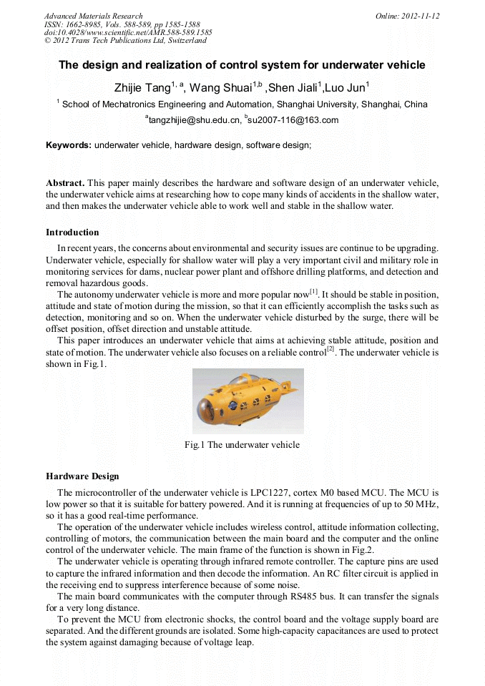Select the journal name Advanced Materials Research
point(93,16)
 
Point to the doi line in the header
point(128,32)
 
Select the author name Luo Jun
point(346,88)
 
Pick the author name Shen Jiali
point(293,88)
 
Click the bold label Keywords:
point(69,145)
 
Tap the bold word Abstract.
point(65,183)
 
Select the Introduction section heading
point(72,232)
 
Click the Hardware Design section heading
point(82,476)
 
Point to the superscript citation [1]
point(313,291)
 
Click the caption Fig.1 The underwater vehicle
point(242,445)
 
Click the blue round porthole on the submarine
point(233,405)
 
